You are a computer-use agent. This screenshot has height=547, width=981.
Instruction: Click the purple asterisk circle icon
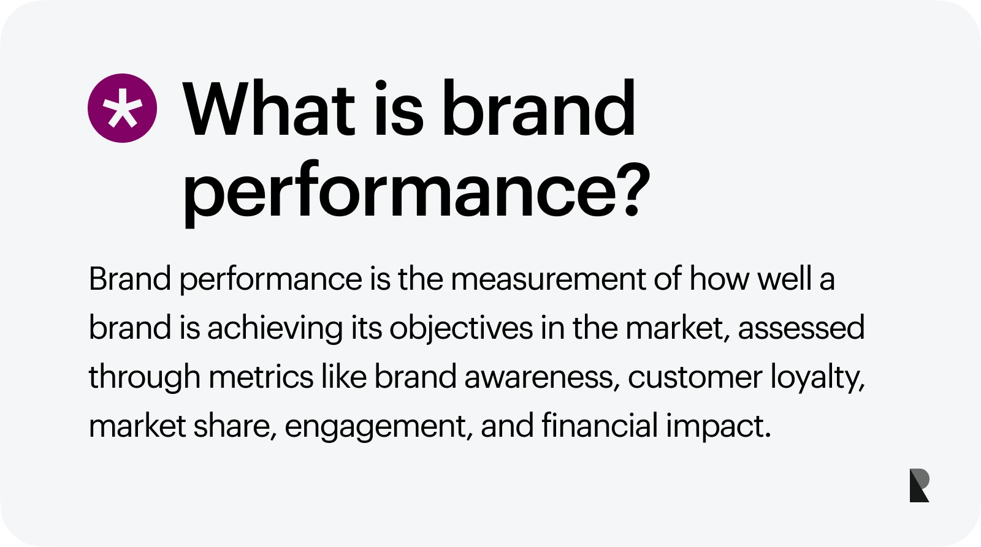click(x=122, y=108)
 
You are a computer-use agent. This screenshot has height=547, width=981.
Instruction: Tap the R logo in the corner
click(x=919, y=485)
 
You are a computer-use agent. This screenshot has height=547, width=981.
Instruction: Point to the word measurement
click(x=548, y=279)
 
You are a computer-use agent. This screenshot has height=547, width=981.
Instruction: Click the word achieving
click(x=275, y=328)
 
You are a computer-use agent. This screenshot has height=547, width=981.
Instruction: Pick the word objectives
click(x=460, y=328)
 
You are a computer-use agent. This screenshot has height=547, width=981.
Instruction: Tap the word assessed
click(x=801, y=328)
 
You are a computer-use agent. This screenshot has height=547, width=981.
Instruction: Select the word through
click(x=145, y=377)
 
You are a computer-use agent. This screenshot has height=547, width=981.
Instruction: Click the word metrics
click(x=261, y=377)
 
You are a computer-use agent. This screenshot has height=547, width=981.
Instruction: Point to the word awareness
click(x=542, y=378)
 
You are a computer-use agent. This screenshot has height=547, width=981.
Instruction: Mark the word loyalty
click(x=817, y=378)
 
